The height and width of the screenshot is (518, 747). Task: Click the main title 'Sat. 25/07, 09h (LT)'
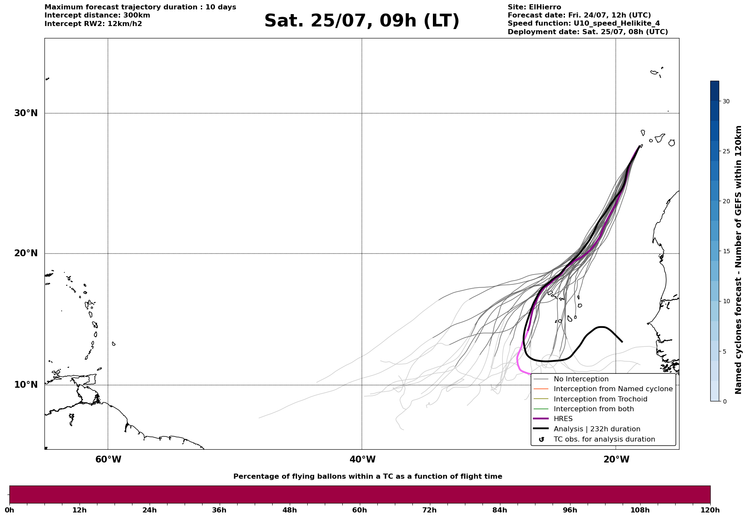tap(362, 21)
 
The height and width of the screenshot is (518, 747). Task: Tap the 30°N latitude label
tap(26, 113)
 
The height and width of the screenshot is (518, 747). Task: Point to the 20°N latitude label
tap(26, 253)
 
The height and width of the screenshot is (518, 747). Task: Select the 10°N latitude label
tap(26, 385)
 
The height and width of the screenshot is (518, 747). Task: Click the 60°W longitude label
tap(108, 459)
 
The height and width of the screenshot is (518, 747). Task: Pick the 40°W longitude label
tap(362, 459)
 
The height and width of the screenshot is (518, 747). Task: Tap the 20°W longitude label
tap(616, 459)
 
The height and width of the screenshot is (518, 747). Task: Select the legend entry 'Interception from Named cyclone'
tap(613, 389)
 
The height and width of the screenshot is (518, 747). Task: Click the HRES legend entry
tap(563, 419)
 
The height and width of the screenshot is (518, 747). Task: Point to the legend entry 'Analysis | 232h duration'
tap(597, 429)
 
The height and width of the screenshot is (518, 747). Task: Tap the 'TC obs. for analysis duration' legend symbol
tap(541, 439)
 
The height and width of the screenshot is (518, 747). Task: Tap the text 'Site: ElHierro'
tap(534, 7)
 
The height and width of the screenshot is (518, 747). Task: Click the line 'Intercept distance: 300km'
tap(97, 15)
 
